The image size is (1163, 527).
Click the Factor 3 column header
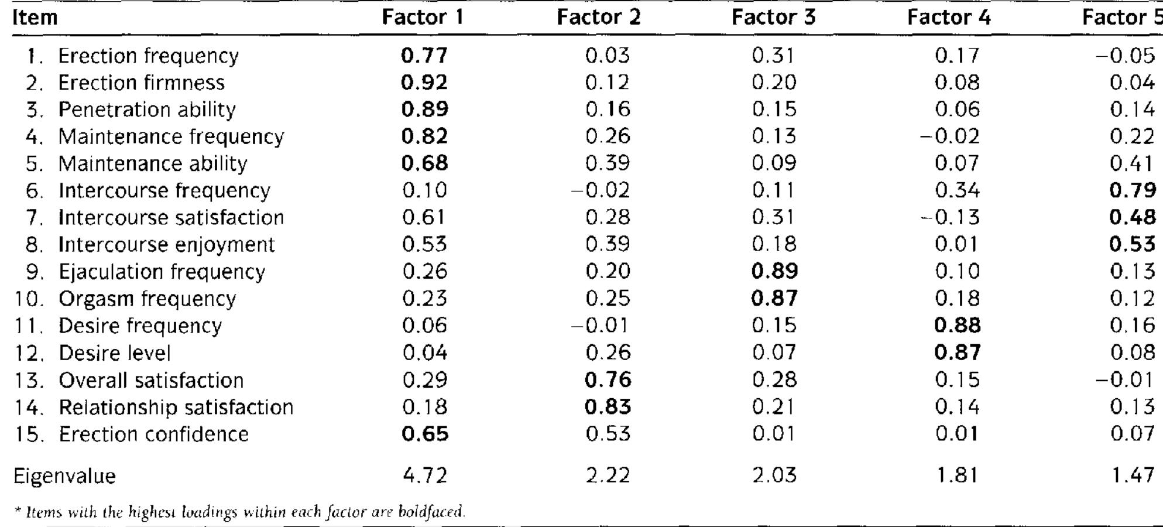pyautogui.click(x=773, y=18)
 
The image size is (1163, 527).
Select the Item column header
pyautogui.click(x=35, y=18)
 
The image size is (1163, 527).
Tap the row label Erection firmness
pyautogui.click(x=140, y=83)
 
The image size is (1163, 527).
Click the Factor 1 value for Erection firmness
pyautogui.click(x=424, y=83)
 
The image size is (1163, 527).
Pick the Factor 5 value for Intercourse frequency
pyautogui.click(x=1132, y=190)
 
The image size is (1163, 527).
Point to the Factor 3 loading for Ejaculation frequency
pyautogui.click(x=774, y=271)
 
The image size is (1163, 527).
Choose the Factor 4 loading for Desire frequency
pyautogui.click(x=957, y=326)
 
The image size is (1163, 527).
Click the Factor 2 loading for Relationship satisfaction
pyautogui.click(x=608, y=407)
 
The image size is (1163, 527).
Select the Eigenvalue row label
pyautogui.click(x=64, y=476)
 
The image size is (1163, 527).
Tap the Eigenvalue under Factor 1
pyautogui.click(x=425, y=475)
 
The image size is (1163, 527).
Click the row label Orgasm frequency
pyautogui.click(x=147, y=299)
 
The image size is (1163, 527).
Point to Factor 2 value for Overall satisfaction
pyautogui.click(x=608, y=380)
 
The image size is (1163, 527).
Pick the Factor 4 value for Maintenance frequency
pyautogui.click(x=949, y=136)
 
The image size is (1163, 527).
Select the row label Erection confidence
pyautogui.click(x=153, y=434)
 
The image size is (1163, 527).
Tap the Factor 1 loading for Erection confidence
pyautogui.click(x=425, y=434)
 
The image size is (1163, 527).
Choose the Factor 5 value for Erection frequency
pyautogui.click(x=1125, y=56)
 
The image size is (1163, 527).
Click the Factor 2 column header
pyautogui.click(x=598, y=18)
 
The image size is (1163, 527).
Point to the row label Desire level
pyautogui.click(x=115, y=353)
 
